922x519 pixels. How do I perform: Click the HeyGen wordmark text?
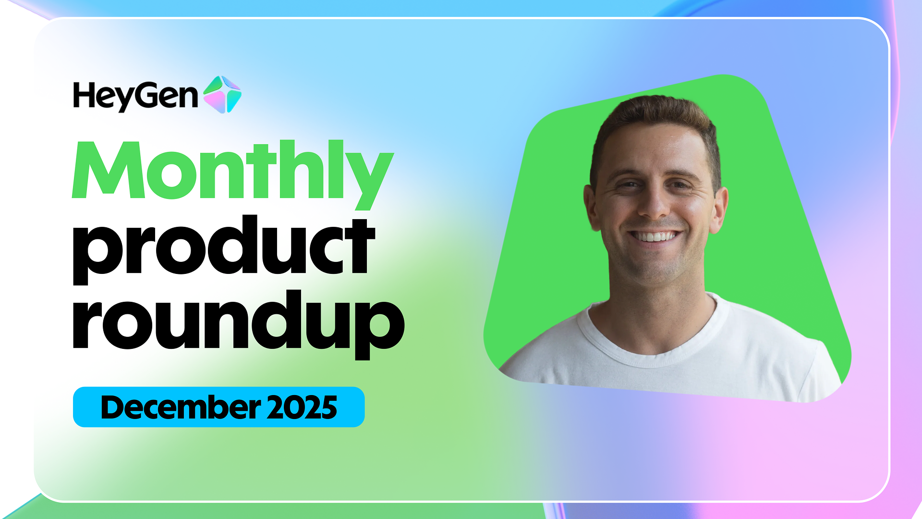coord(135,97)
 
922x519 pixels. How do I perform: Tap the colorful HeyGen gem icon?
coord(222,94)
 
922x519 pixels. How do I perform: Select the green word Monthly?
coord(233,174)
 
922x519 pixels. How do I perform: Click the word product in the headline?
coord(224,249)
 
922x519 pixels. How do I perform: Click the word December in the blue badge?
coord(181,408)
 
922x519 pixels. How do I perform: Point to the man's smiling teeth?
coord(655,236)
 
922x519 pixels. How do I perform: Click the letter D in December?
coord(113,408)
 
